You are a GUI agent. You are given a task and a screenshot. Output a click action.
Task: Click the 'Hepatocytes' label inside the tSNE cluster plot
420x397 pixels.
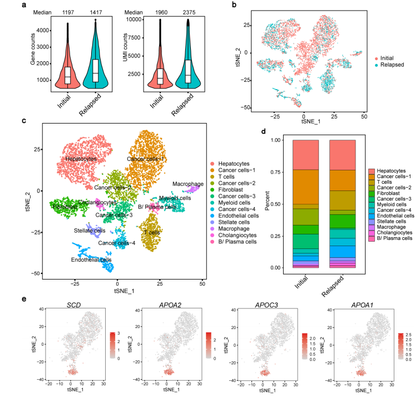click(81, 159)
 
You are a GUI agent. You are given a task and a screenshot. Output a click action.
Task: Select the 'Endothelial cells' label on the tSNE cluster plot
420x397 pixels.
click(90, 259)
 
